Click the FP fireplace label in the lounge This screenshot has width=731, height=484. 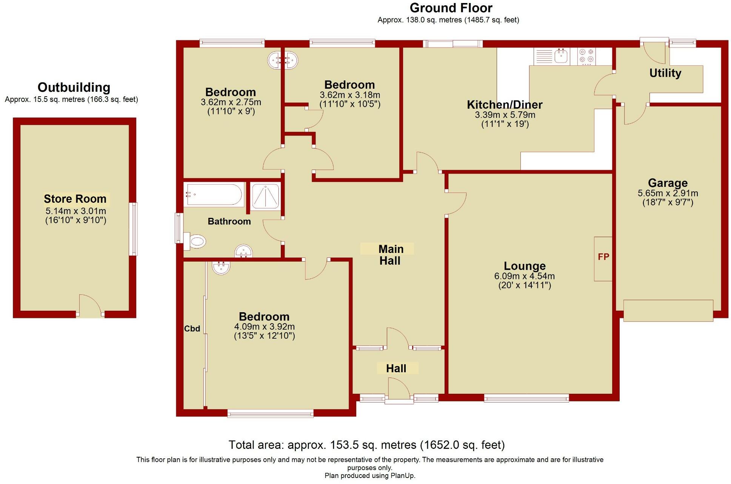coord(603,257)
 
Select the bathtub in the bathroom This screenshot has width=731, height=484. coord(214,195)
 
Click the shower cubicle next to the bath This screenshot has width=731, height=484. coord(265,196)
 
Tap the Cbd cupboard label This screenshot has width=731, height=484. coord(192,329)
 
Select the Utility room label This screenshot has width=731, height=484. coord(665,73)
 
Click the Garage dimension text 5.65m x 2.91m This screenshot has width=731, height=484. coord(668,193)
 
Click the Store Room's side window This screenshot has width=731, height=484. coord(133,229)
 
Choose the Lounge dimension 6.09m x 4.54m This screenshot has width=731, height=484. coord(524,276)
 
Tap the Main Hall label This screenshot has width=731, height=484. coord(390,255)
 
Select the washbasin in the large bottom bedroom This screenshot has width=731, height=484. coord(221,268)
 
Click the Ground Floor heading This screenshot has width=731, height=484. coord(451,8)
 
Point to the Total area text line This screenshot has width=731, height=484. coord(366,445)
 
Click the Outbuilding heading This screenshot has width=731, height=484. coord(74,88)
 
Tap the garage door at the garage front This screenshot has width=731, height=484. coord(668,310)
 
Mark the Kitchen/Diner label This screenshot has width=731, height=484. coord(505,105)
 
